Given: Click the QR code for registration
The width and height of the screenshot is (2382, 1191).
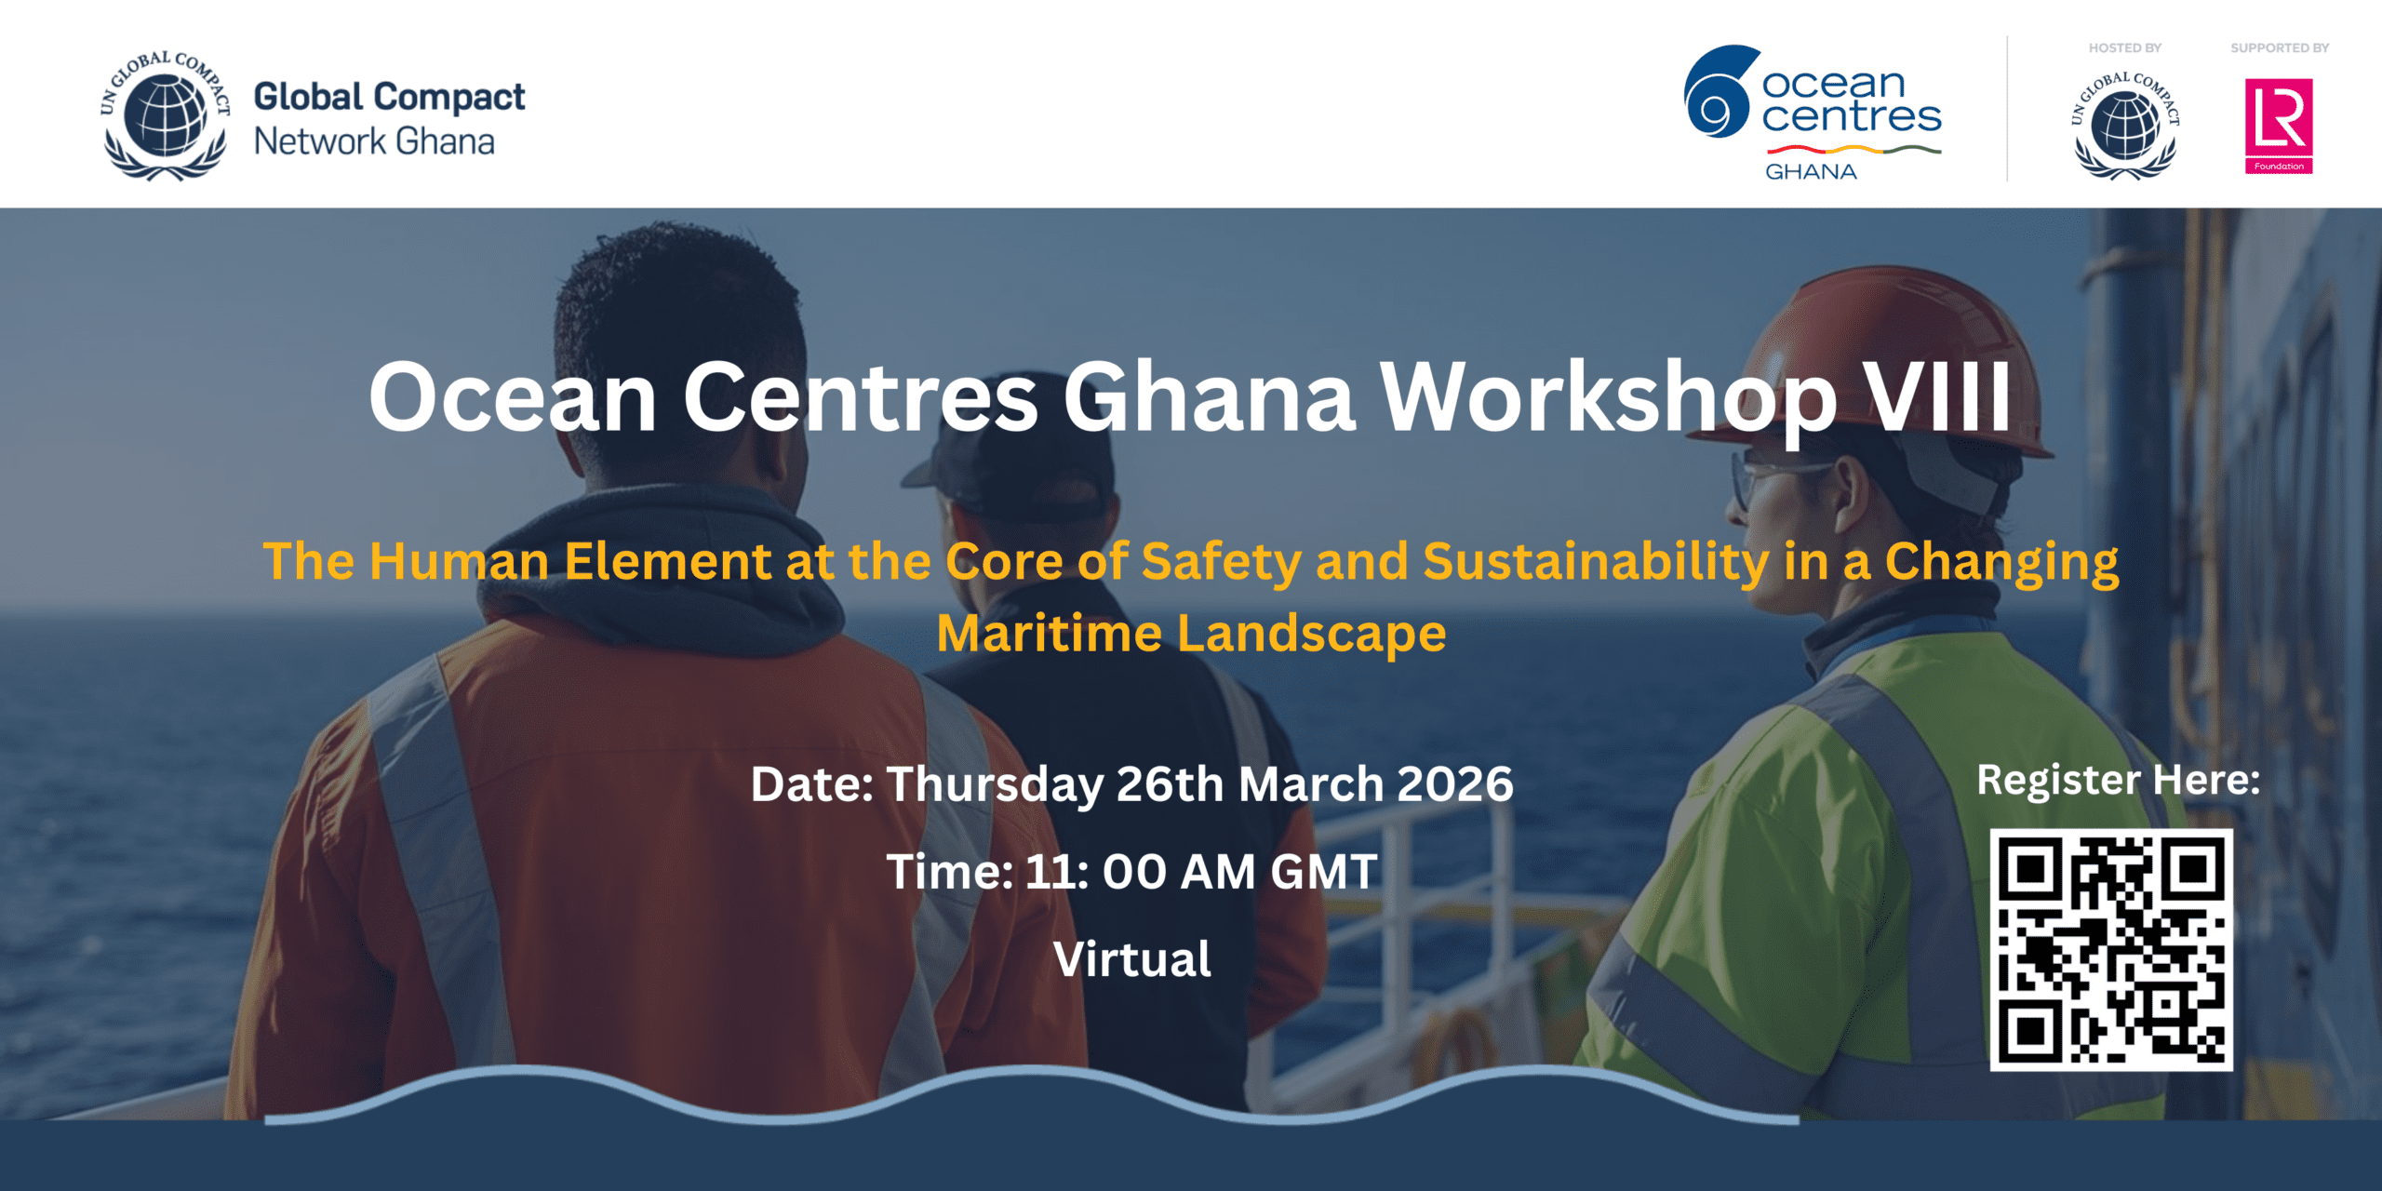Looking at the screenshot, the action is click(2110, 950).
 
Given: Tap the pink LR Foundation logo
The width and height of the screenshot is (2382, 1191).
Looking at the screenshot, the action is click(2279, 127).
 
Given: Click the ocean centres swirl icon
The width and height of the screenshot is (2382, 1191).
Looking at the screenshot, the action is click(1720, 91).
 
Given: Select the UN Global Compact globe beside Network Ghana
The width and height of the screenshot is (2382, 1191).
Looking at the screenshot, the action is click(166, 115).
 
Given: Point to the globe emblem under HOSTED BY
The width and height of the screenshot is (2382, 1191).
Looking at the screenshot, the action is click(2125, 126).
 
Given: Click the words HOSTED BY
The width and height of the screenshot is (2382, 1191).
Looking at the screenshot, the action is click(2125, 47).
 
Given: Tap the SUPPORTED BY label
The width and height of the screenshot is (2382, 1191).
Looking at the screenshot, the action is click(2280, 47).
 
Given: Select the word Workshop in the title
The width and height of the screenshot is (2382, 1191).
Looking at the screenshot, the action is click(1608, 400).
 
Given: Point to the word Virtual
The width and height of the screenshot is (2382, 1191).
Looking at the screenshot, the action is click(1132, 959).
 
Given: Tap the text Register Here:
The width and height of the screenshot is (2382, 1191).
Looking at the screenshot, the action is click(2118, 780).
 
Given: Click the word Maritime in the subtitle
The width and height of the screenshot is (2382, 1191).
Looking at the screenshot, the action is click(1049, 634).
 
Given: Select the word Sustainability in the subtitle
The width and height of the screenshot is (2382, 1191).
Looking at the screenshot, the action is click(1596, 563).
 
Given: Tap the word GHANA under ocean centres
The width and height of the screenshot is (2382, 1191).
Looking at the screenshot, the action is click(1811, 171).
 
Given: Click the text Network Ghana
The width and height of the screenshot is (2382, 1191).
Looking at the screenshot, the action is click(374, 141).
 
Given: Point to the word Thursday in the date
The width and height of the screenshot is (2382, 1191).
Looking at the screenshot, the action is click(994, 785).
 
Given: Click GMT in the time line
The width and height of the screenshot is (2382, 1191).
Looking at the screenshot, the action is click(1324, 872).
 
